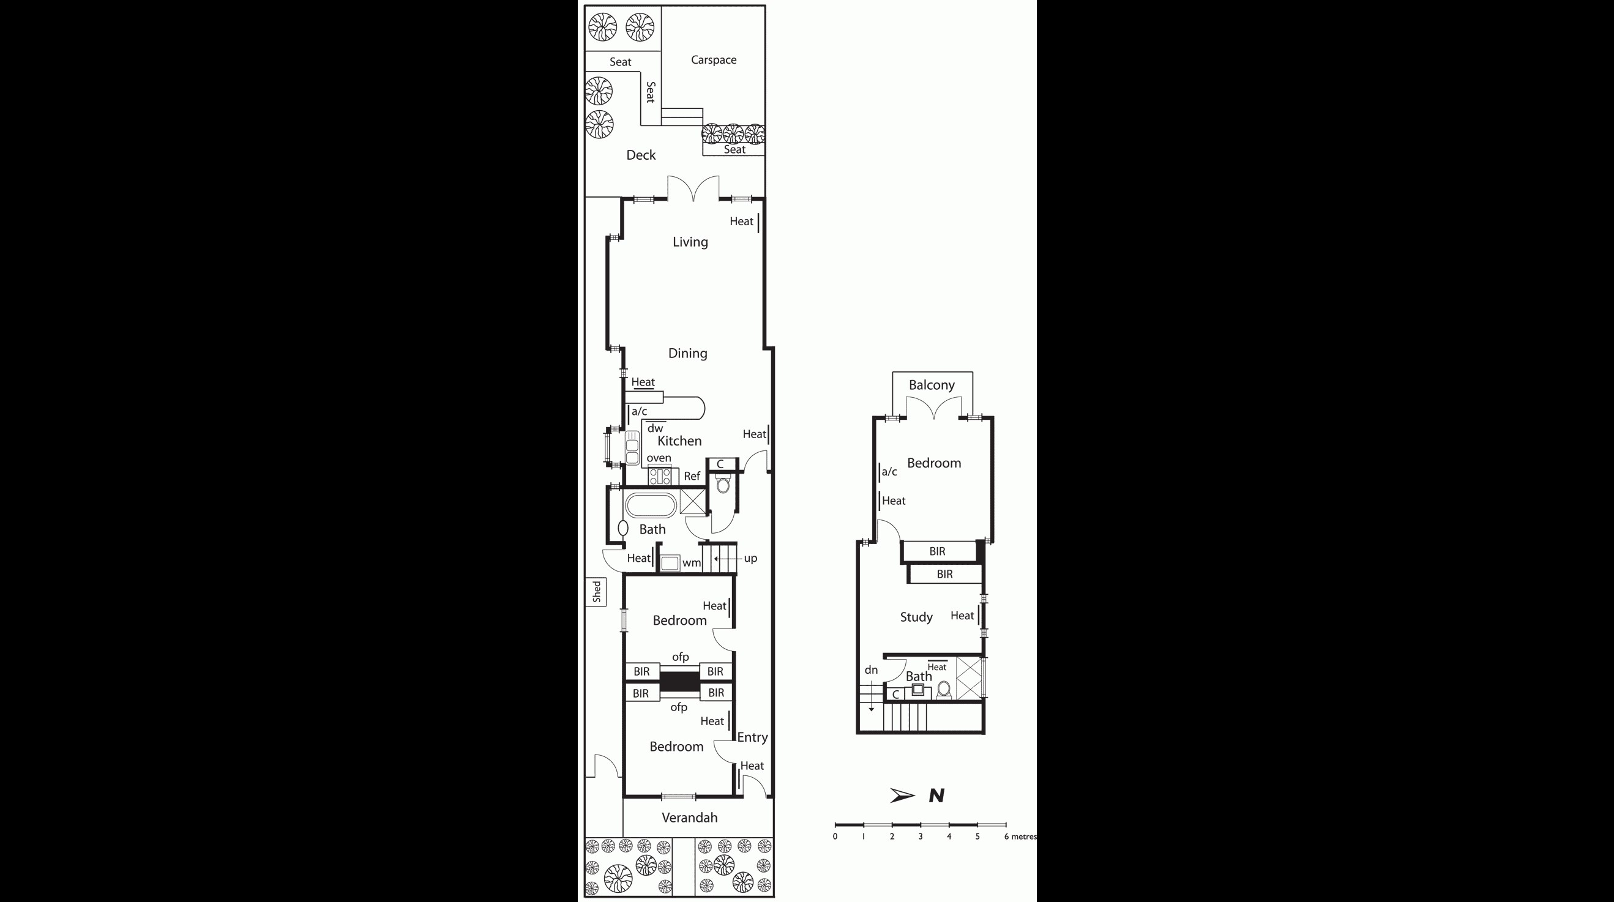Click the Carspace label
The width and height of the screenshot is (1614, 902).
coord(713,60)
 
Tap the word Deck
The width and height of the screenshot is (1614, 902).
coord(640,155)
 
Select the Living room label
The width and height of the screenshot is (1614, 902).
coord(690,242)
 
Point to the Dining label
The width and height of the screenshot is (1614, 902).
coord(687,353)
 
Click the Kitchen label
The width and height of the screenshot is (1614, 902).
coord(679,441)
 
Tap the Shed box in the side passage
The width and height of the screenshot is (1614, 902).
coord(596,591)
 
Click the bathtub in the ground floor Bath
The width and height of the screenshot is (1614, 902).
coord(651,505)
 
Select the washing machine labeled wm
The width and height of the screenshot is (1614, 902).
coord(670,562)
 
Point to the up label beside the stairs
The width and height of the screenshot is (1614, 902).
coord(750,558)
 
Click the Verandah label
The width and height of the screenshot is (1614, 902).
coord(689,818)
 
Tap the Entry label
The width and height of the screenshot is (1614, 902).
coord(752,738)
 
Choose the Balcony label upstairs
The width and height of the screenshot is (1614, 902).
coord(932,386)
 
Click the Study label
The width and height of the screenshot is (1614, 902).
coord(916,617)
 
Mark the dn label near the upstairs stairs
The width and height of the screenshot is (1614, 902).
coord(871,670)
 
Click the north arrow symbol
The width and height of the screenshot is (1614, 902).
coord(902,796)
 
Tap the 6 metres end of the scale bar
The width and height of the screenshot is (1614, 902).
coord(1006,825)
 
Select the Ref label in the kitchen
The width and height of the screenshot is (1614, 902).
coord(692,476)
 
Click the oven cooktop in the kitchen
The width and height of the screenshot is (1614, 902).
coord(659,477)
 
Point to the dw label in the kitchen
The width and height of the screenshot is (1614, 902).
coord(655,428)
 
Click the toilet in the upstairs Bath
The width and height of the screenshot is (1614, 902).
coord(944,690)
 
